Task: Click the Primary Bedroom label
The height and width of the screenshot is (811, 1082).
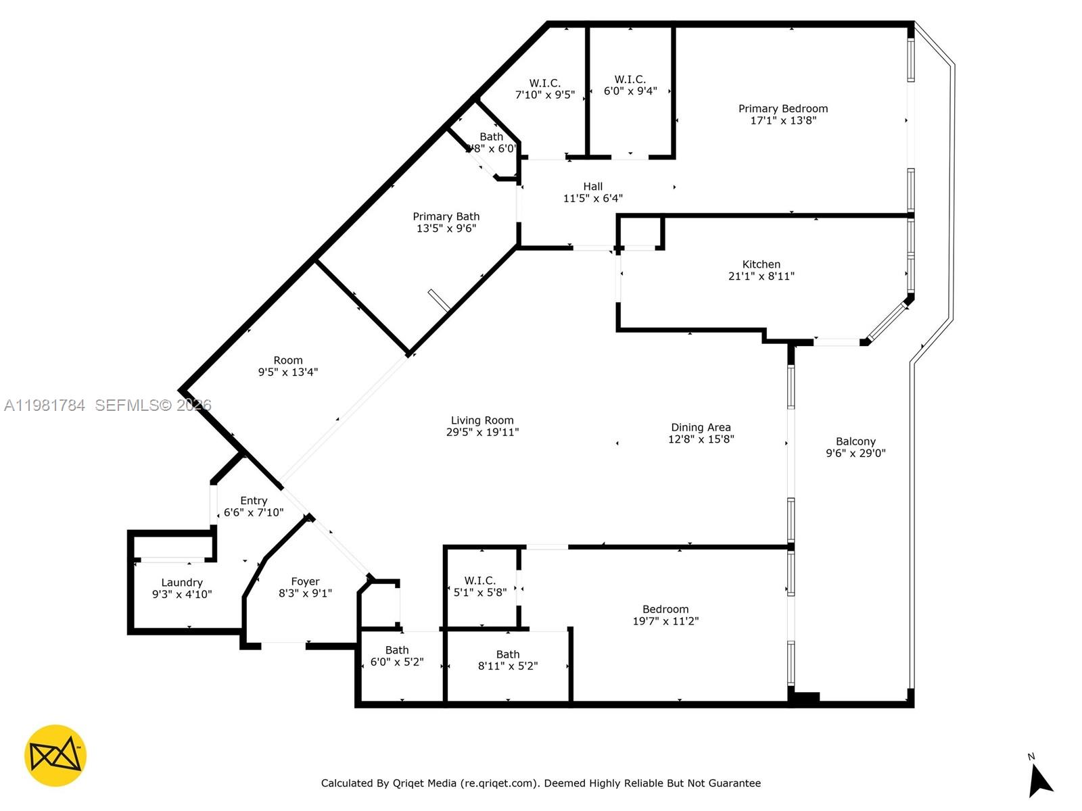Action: point(782,109)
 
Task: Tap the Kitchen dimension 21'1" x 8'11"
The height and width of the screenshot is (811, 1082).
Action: point(761,276)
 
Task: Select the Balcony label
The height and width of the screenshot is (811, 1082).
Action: point(855,441)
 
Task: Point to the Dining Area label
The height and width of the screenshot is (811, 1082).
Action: point(701,427)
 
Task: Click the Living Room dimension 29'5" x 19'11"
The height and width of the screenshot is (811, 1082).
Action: point(482,433)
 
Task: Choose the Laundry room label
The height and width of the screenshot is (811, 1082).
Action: point(181,583)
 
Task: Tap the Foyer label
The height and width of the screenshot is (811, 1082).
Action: point(305,581)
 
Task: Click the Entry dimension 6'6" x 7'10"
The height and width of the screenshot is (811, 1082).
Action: point(254,513)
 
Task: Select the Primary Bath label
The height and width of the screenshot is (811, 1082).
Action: point(446,216)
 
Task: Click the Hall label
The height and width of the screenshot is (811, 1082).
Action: point(592,187)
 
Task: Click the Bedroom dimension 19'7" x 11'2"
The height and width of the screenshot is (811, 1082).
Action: point(665,622)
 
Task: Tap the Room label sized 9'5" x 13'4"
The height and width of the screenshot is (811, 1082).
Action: point(287,360)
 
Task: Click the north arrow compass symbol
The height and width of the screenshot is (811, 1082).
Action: point(1039,781)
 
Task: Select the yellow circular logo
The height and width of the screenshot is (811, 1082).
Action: point(55,756)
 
